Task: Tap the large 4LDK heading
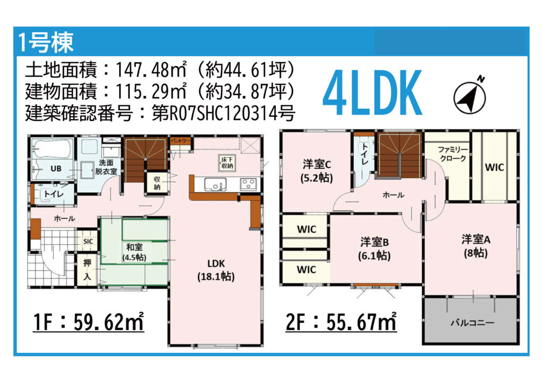[372, 93]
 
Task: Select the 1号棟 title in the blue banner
[46, 42]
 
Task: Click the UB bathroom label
[56, 168]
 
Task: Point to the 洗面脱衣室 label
[106, 167]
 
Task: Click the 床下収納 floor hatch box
[227, 163]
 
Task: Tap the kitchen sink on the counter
[215, 184]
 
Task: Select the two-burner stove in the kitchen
[249, 184]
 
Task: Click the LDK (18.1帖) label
[216, 270]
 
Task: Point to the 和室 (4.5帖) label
[134, 252]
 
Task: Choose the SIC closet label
[88, 242]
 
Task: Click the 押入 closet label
[87, 270]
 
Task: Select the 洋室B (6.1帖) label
[374, 249]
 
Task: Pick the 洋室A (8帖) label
[476, 246]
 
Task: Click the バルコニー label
[472, 323]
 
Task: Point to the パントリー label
[180, 141]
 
